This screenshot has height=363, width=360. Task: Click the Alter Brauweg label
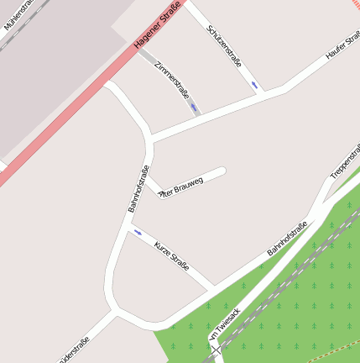[181, 186]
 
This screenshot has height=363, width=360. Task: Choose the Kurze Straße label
[171, 255]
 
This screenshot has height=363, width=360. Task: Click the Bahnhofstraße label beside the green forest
[287, 239]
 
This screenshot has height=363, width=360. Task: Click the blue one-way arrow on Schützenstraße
[253, 85]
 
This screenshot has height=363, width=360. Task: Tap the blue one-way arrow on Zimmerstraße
[193, 108]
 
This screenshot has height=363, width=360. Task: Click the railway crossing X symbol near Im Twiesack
[217, 350]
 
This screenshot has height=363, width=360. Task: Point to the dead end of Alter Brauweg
[222, 171]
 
